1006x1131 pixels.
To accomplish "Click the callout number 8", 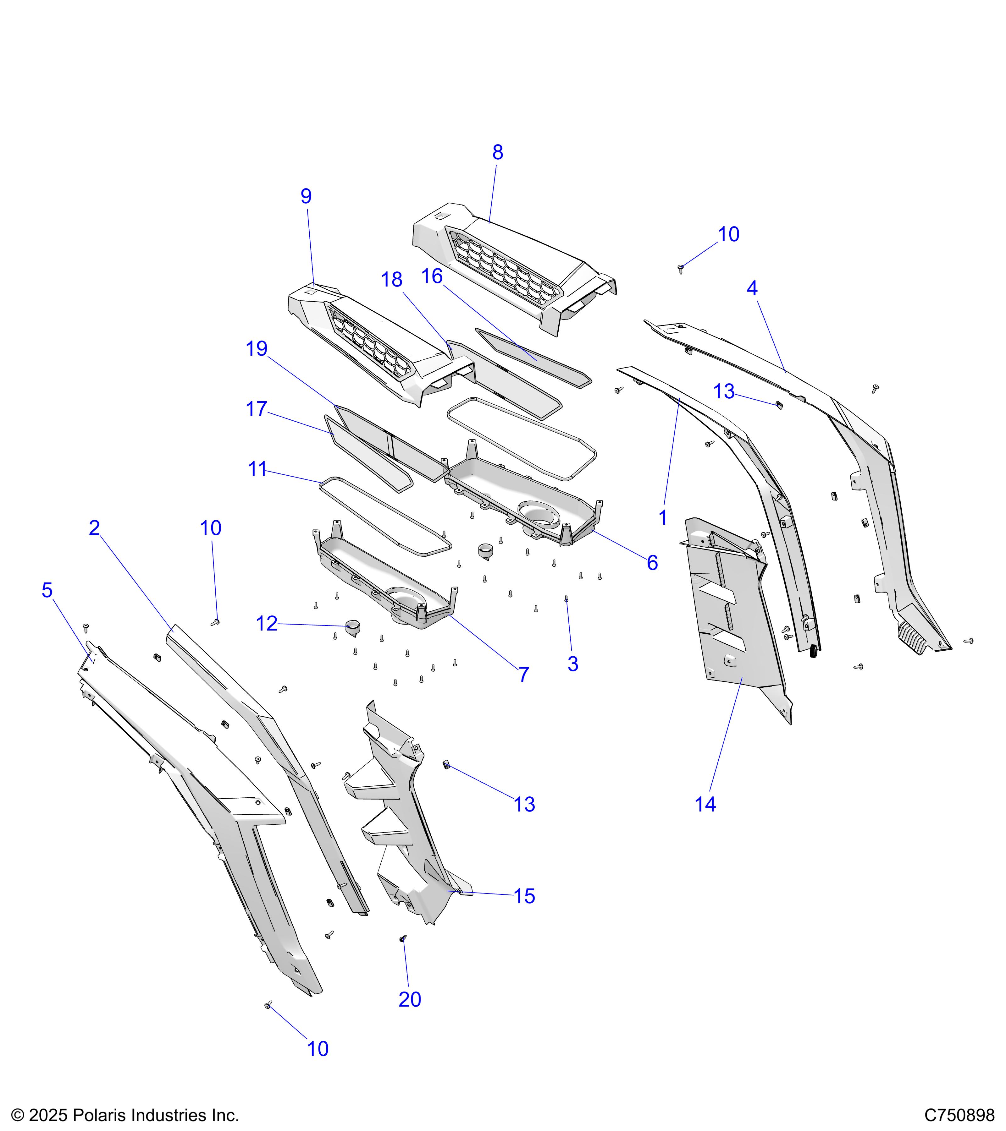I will tap(497, 153).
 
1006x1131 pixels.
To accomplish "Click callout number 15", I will tap(524, 896).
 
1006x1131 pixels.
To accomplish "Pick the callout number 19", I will tap(256, 349).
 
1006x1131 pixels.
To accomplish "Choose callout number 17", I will tap(256, 409).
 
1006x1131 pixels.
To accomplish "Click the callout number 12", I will tap(266, 624).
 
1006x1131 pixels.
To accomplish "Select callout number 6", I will tap(652, 563).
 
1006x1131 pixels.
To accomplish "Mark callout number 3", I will tap(572, 664).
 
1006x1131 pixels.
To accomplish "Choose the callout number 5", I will tap(47, 590).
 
